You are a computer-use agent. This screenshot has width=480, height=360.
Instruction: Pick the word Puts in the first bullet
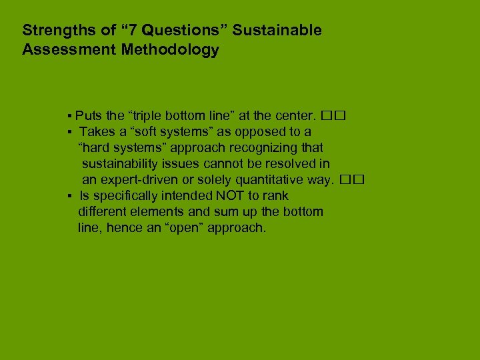tap(89, 115)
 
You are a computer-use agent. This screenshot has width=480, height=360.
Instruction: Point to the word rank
tap(276, 196)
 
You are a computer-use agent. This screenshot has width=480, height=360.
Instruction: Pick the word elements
tap(164, 212)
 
